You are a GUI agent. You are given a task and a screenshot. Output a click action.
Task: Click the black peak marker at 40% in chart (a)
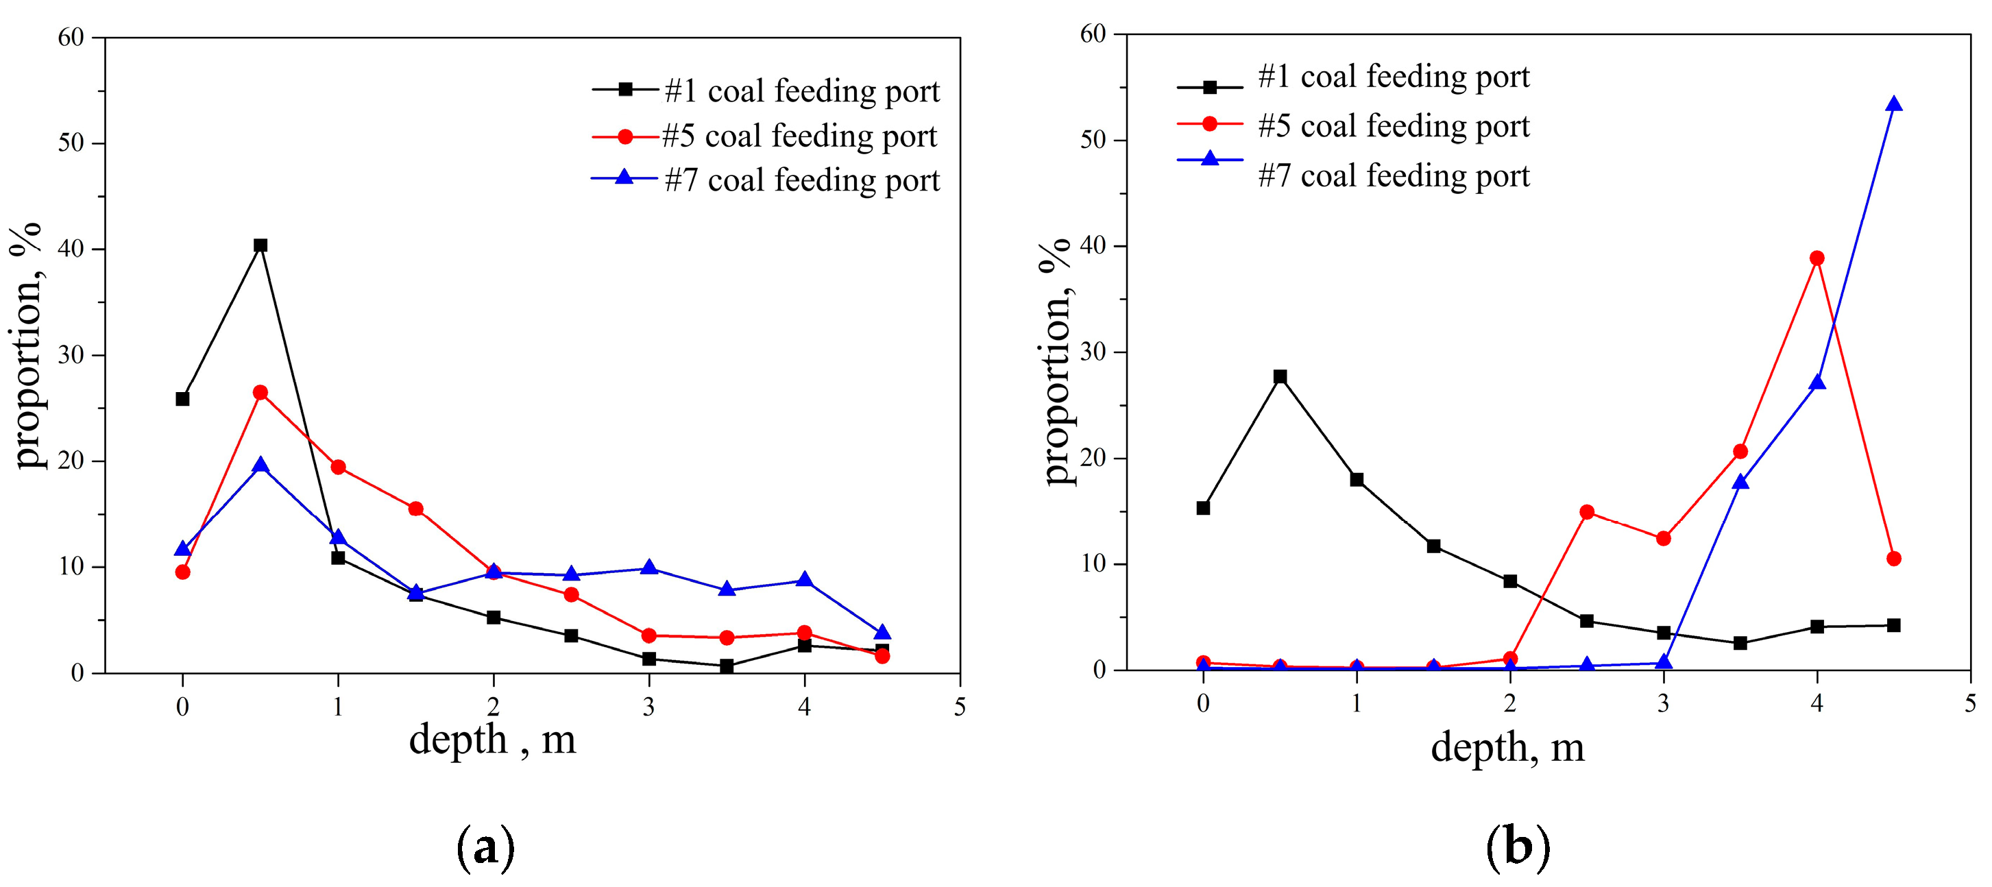point(260,245)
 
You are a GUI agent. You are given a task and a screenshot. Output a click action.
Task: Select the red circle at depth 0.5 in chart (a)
point(260,393)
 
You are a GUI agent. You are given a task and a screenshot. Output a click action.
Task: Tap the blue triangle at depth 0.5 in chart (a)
point(260,465)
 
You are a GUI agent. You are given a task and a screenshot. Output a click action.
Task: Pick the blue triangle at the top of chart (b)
point(1893,104)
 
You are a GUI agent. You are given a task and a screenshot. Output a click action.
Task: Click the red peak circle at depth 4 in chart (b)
point(1817,258)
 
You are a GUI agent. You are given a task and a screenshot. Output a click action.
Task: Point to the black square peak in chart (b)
point(1280,376)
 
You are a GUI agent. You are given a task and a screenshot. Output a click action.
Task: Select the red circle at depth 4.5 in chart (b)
point(1893,559)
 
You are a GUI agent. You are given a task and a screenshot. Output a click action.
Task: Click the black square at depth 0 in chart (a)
point(182,399)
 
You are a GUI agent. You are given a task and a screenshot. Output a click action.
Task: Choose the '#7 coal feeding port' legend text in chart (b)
point(1394,175)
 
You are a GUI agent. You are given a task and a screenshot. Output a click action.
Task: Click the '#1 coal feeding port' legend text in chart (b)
point(1394,77)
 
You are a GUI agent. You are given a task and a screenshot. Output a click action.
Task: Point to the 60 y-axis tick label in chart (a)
point(71,37)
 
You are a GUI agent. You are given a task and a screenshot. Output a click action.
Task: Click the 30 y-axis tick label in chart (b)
point(1093,352)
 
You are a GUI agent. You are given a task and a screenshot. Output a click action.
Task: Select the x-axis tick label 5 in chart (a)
point(960,707)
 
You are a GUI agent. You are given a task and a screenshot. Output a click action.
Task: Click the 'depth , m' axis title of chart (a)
point(493,740)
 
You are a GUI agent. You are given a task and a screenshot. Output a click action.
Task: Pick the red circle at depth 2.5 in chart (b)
point(1587,512)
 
